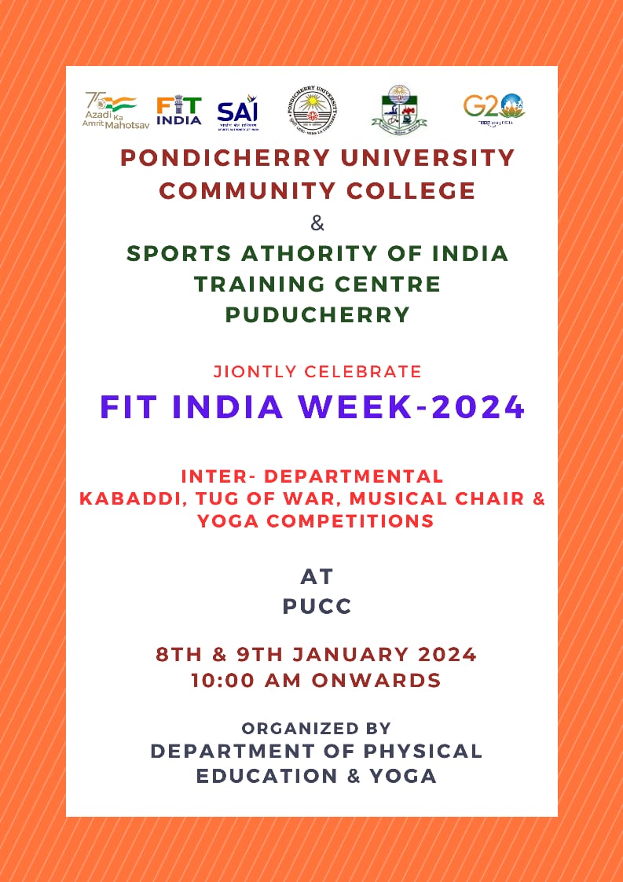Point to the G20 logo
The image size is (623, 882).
[493, 109]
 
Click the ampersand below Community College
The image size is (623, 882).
[317, 223]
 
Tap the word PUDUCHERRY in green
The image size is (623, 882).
[317, 314]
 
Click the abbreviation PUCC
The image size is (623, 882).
[317, 607]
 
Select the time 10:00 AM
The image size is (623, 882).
[248, 680]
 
